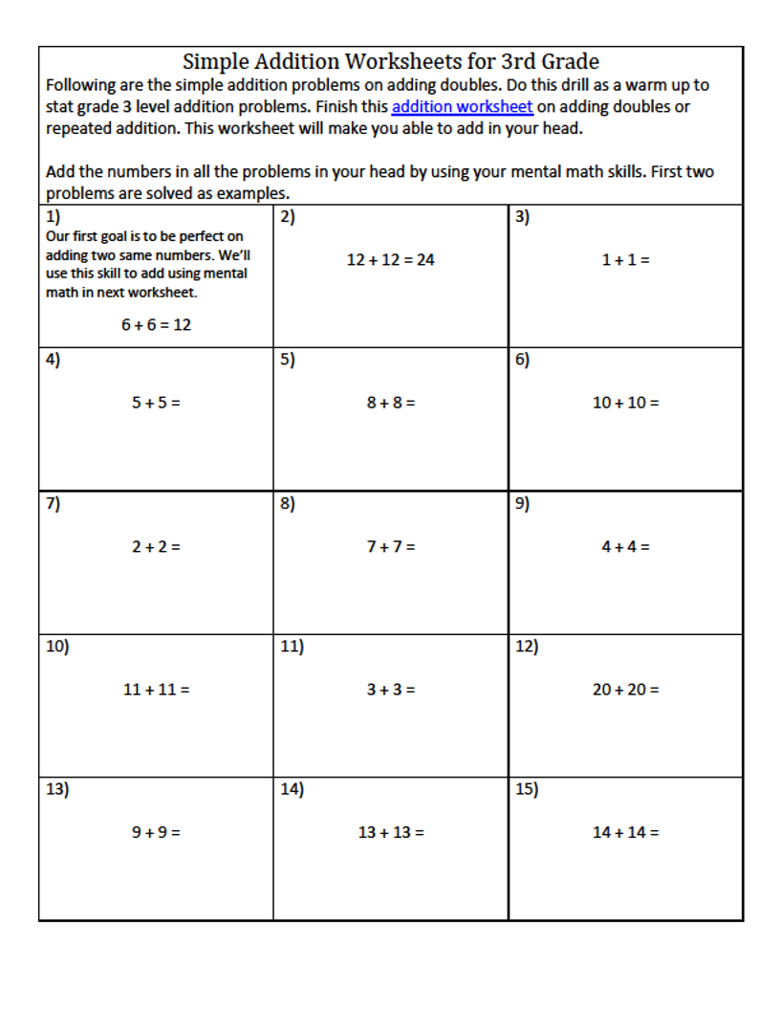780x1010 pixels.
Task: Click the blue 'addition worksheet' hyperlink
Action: pos(462,107)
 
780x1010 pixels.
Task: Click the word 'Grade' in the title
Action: pos(570,62)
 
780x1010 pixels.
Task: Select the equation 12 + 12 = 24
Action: pos(390,259)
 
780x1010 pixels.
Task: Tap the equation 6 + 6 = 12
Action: pos(156,325)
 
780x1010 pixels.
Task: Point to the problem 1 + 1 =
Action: pos(625,259)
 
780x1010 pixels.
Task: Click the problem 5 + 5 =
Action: pos(156,403)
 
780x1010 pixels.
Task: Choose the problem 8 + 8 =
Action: pos(390,403)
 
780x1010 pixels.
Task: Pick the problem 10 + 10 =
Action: pos(625,403)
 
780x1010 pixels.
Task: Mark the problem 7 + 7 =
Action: pos(390,547)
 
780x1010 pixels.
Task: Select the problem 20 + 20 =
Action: pos(625,690)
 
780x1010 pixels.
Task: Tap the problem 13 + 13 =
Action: pos(391,832)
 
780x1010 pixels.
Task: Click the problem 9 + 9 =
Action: pos(156,832)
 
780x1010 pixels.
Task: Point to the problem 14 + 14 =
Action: pos(625,832)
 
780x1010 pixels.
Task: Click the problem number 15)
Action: pos(527,790)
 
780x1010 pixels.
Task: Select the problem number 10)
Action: pos(57,647)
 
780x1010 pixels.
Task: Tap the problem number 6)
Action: pos(522,361)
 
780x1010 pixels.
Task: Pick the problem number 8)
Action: pos(288,504)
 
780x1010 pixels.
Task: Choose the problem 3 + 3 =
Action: pos(390,690)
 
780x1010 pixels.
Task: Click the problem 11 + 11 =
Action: pos(156,690)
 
